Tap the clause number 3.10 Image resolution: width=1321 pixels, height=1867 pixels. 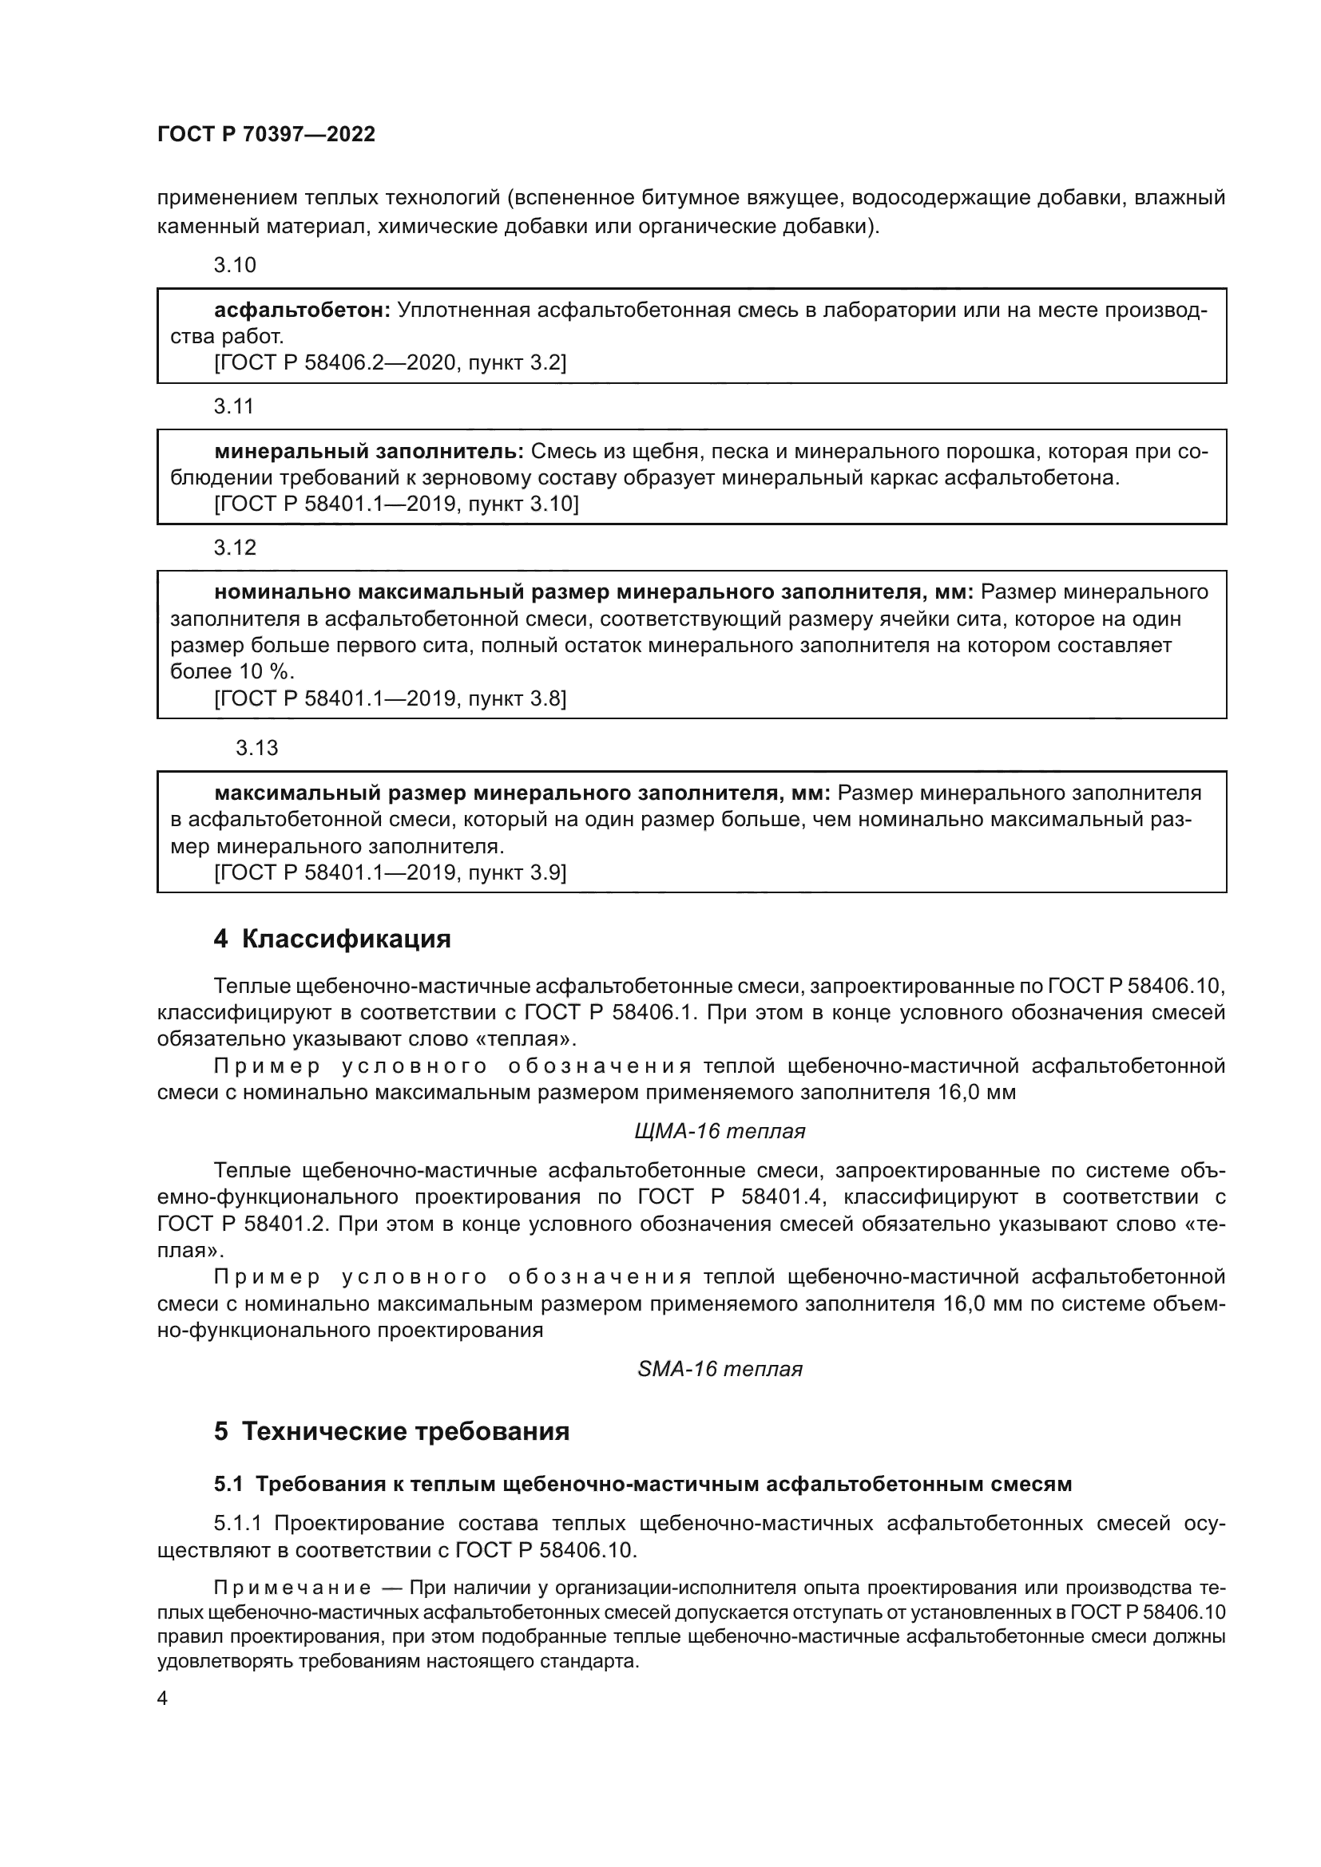click(234, 265)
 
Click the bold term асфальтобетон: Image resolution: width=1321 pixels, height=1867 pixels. click(303, 311)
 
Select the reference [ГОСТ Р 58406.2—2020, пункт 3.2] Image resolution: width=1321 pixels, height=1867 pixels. click(390, 362)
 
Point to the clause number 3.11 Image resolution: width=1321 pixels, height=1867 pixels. click(234, 406)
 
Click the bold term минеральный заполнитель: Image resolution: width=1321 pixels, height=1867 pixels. click(368, 451)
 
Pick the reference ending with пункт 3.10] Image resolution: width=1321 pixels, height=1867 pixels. click(396, 504)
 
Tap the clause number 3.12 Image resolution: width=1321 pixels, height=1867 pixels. click(234, 548)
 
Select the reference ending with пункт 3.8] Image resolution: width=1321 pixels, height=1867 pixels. click(390, 698)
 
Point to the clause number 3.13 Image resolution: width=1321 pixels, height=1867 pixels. click(256, 748)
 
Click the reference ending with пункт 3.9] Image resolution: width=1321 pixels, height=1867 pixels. click(390, 872)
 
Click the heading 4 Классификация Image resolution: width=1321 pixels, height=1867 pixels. click(332, 939)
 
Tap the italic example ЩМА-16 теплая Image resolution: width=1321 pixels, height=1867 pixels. click(719, 1131)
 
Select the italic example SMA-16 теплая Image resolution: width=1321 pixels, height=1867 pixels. click(719, 1370)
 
